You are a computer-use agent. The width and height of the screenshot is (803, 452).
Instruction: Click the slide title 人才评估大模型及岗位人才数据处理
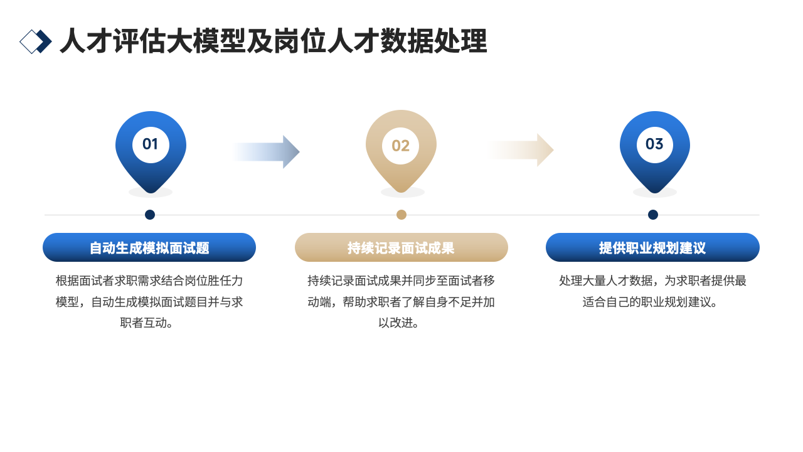[273, 42]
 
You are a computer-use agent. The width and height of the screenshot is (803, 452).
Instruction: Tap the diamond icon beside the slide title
[36, 41]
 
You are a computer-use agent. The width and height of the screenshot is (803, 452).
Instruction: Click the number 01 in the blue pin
[150, 144]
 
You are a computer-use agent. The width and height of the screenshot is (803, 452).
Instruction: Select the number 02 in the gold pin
[401, 146]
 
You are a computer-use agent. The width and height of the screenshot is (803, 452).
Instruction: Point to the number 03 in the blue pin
[654, 144]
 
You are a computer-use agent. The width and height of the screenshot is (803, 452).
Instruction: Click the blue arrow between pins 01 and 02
[267, 152]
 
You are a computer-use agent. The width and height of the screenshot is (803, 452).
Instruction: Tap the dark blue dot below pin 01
[150, 215]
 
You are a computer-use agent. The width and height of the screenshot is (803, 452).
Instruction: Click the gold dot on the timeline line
[401, 215]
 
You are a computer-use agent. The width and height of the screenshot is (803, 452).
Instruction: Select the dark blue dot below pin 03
[653, 215]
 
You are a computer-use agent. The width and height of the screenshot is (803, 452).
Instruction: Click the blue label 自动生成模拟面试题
[149, 247]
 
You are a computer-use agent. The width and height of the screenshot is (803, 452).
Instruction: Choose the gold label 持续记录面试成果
[401, 247]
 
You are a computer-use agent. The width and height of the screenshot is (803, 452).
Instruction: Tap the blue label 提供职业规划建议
[652, 247]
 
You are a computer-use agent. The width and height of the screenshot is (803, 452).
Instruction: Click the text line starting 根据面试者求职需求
[149, 281]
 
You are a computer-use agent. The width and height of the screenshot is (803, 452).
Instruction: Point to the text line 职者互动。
[149, 323]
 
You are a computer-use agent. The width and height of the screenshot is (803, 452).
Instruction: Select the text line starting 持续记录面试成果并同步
[401, 281]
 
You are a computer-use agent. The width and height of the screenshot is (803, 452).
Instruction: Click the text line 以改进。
[401, 323]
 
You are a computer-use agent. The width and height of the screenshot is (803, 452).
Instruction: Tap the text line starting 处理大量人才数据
[652, 281]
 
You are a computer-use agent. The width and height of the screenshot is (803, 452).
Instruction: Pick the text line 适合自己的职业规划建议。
[652, 302]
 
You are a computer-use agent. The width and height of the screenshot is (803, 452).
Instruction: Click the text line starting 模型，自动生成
[149, 302]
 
